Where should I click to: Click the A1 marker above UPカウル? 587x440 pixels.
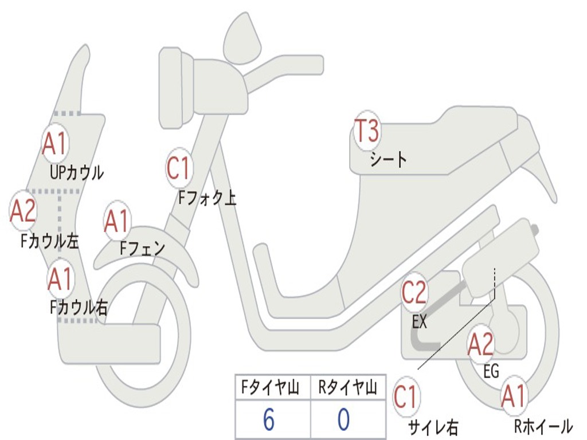55,144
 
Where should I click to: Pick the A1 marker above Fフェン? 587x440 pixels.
118,221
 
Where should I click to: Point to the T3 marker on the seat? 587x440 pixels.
366,132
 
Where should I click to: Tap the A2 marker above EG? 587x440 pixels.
480,343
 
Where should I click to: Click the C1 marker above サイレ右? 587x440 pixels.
406,397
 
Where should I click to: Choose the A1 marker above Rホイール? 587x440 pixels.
513,396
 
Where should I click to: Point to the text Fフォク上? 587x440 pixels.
207,198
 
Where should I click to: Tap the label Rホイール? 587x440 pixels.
542,426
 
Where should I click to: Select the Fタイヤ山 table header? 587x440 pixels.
269,389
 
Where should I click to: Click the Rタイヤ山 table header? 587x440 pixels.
347,389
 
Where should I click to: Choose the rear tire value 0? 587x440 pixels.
343,420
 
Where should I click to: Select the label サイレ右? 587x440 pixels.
433,427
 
